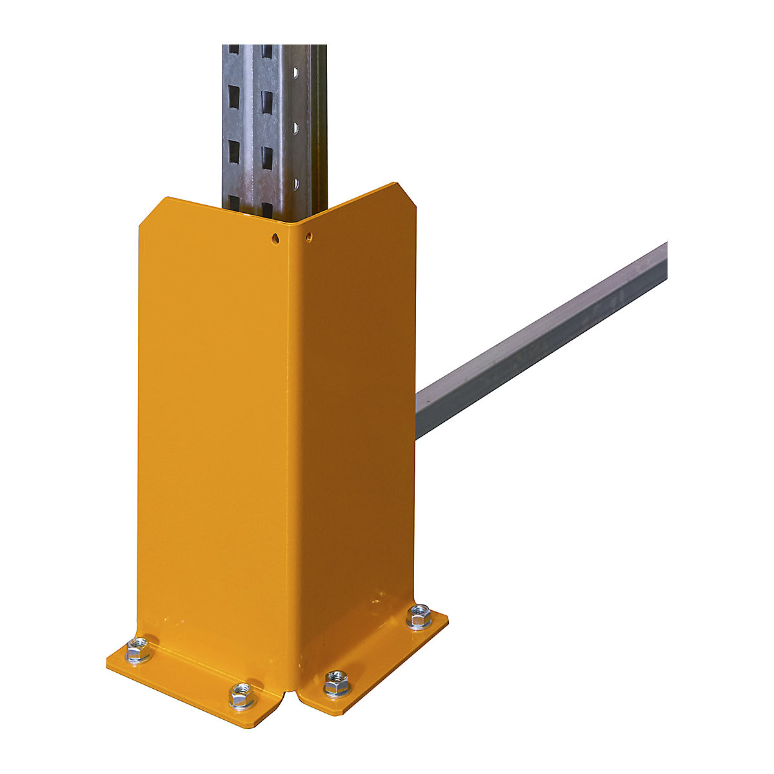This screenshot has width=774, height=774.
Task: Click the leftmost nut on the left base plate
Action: [x=138, y=648]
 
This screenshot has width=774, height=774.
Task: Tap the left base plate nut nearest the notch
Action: [x=242, y=695]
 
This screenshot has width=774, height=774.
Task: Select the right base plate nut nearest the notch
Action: [x=336, y=683]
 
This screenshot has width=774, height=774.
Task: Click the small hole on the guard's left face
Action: [x=275, y=239]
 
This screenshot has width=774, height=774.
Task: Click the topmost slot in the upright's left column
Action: [x=233, y=50]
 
